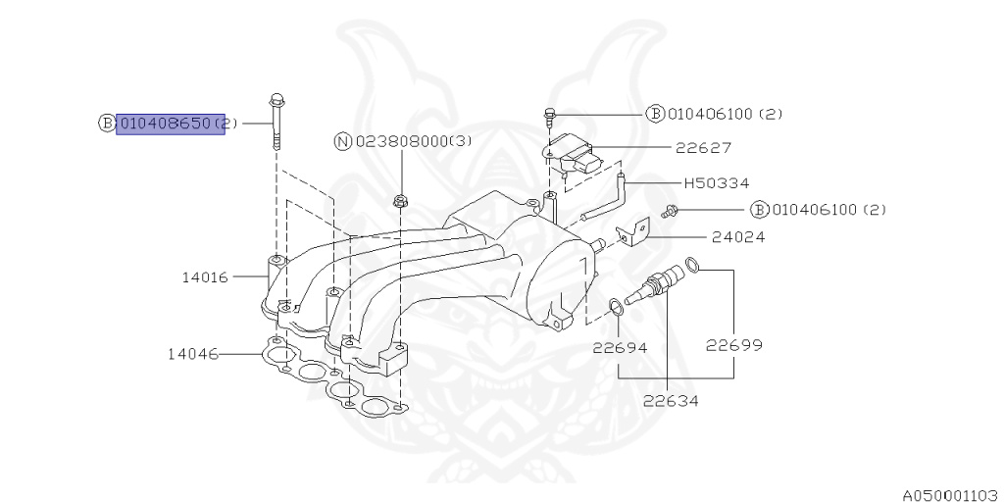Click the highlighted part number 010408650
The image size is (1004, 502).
(171, 124)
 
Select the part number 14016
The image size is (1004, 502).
(204, 277)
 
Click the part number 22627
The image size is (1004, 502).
(703, 148)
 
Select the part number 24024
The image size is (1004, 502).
(712, 236)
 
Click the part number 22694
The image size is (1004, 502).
(620, 346)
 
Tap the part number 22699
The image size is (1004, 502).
(734, 345)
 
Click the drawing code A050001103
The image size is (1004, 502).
(949, 494)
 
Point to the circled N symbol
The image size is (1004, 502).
(343, 142)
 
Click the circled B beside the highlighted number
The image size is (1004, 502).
(107, 124)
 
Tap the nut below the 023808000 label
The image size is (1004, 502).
(400, 201)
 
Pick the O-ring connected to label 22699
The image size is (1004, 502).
(692, 264)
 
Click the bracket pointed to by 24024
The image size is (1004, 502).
(633, 231)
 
